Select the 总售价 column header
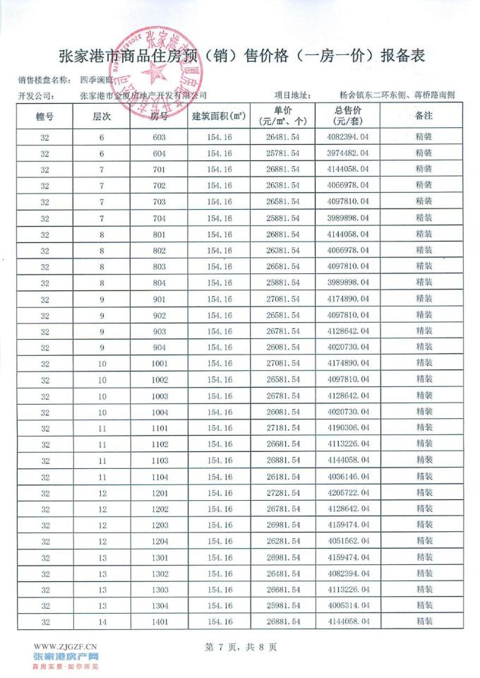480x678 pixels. (348, 117)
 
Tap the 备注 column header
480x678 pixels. (424, 117)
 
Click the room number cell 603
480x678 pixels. (159, 138)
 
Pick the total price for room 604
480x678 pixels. (348, 153)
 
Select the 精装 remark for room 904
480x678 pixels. (424, 347)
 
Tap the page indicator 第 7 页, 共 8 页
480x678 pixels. (240, 646)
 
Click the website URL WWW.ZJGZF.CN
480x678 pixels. (66, 646)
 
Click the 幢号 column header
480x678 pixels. (44, 117)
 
